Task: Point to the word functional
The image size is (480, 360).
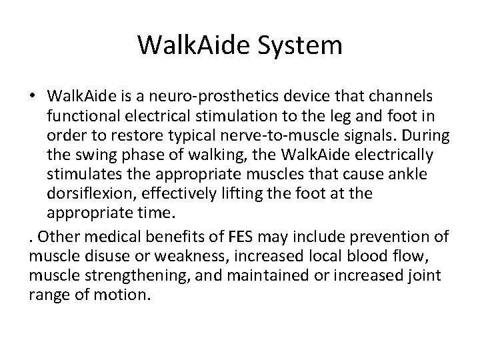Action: (x=85, y=117)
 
